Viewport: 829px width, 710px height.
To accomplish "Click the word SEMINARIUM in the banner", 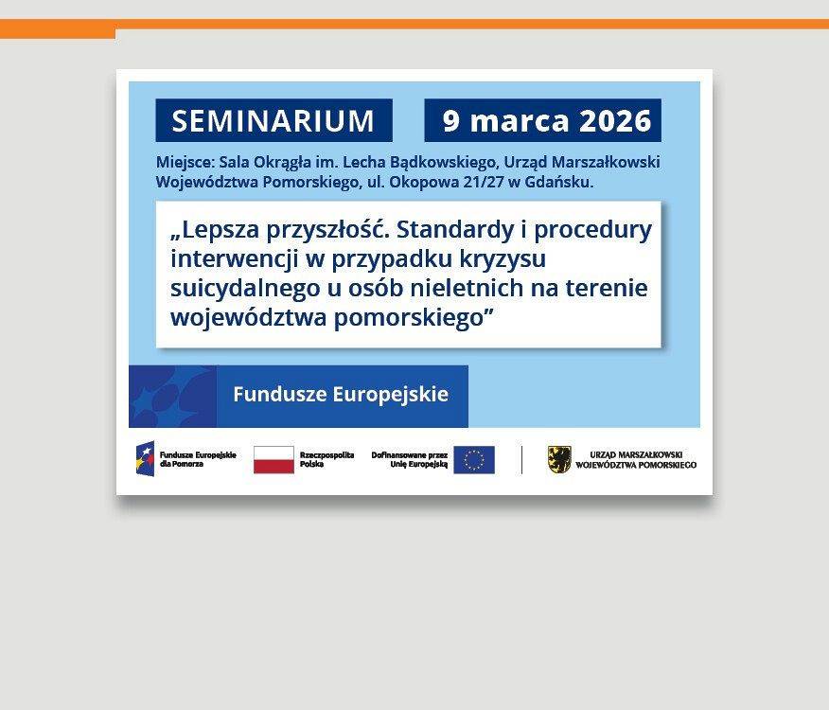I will (273, 121).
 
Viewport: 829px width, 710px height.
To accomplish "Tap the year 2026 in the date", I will (615, 121).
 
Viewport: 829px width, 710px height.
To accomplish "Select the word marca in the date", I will (519, 121).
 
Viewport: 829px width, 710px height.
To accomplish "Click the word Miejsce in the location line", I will (185, 162).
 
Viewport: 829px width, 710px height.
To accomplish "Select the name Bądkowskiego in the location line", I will (435, 162).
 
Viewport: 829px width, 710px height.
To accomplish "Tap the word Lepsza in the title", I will (219, 230).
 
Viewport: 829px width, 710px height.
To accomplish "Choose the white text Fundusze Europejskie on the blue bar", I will (341, 395).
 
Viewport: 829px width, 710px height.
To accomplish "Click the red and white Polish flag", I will (273, 460).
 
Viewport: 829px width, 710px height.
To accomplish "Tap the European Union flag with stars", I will (473, 460).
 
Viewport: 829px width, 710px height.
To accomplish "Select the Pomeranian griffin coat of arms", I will (559, 460).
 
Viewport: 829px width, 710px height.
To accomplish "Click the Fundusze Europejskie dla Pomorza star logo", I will (145, 460).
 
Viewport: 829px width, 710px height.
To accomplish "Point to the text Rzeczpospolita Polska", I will (326, 460).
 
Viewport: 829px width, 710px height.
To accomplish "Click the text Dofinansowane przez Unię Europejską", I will (409, 460).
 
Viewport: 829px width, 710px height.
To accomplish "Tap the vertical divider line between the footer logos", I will (521, 460).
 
